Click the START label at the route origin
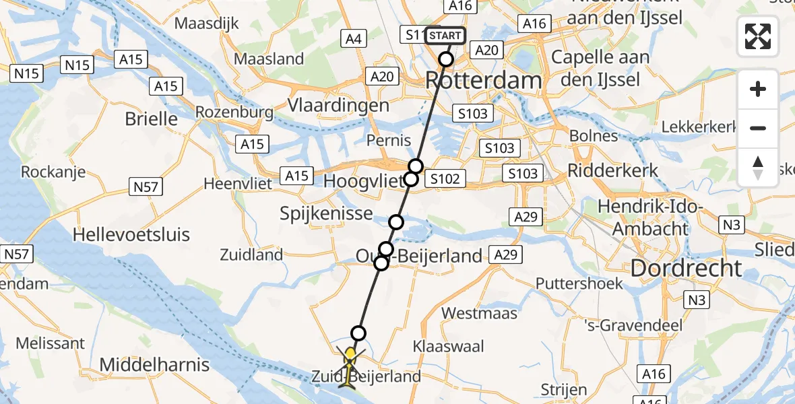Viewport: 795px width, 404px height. [x=445, y=35]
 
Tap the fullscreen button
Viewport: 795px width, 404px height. [x=758, y=36]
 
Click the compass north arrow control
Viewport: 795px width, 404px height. [x=758, y=168]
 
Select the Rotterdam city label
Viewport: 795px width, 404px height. [x=483, y=81]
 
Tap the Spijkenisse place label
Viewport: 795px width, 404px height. [x=327, y=213]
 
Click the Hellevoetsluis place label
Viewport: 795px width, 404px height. [x=131, y=235]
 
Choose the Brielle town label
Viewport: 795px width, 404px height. [x=152, y=119]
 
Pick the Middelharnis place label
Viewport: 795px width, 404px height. [x=155, y=366]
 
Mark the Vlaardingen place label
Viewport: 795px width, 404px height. [x=338, y=105]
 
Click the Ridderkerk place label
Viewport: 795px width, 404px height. [x=613, y=170]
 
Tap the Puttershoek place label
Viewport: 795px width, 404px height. [x=580, y=283]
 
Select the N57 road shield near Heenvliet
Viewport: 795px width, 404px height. [x=146, y=187]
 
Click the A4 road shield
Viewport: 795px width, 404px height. [x=354, y=39]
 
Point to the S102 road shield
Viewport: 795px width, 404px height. [x=445, y=178]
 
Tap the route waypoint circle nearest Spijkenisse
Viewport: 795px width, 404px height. [x=396, y=222]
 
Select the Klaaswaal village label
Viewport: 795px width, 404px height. [x=449, y=347]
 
